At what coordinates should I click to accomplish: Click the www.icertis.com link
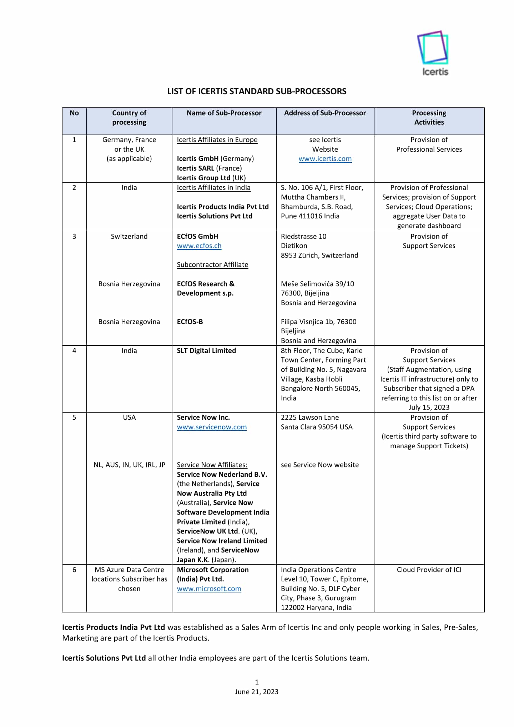click(x=325, y=159)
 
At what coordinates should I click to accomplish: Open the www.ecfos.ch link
click(x=199, y=246)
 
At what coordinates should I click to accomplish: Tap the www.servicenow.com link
click(x=212, y=427)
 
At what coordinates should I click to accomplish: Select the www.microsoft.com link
click(x=209, y=589)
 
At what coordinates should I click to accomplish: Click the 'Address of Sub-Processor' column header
click(x=325, y=113)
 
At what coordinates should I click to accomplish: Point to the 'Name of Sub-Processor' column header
click(x=224, y=113)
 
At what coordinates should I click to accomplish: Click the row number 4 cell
click(x=74, y=351)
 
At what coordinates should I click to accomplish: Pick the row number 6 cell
click(x=74, y=570)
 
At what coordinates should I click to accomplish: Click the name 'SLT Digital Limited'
click(x=206, y=351)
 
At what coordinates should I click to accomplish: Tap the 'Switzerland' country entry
click(x=129, y=237)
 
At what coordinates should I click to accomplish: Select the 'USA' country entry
click(x=129, y=418)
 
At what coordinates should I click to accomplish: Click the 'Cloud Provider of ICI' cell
click(x=429, y=570)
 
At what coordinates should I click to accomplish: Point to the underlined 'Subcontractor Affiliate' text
click(x=212, y=265)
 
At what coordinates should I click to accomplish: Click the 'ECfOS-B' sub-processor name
click(x=190, y=322)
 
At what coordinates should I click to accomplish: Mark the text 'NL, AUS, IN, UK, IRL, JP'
click(x=129, y=465)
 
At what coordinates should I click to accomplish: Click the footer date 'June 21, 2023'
click(x=256, y=692)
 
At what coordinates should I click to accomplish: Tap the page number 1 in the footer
click(x=257, y=682)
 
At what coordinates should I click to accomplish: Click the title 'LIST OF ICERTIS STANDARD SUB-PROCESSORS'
click(x=257, y=91)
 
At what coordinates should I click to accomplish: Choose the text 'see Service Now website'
click(x=319, y=465)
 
